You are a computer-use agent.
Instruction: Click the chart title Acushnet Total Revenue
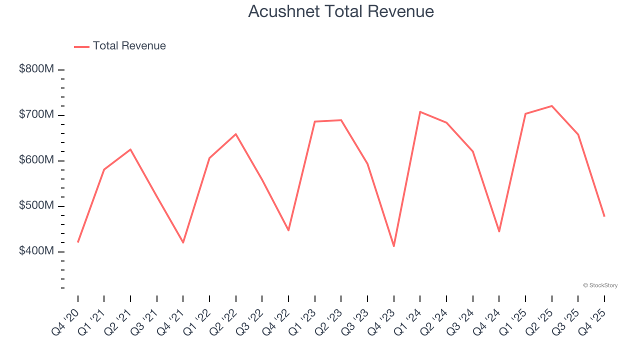pyautogui.click(x=341, y=11)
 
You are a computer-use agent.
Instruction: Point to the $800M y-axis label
pyautogui.click(x=36, y=69)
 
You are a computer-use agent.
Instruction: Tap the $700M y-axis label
pyautogui.click(x=36, y=114)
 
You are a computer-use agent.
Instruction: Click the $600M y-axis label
pyautogui.click(x=36, y=160)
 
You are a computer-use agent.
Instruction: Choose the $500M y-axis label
pyautogui.click(x=36, y=205)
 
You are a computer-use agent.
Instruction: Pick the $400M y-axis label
pyautogui.click(x=36, y=251)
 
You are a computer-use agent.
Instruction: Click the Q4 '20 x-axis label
pyautogui.click(x=66, y=322)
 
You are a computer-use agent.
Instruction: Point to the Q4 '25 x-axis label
pyautogui.click(x=592, y=322)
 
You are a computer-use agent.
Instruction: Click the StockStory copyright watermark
pyautogui.click(x=600, y=285)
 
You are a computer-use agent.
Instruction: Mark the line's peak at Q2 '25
pyautogui.click(x=551, y=106)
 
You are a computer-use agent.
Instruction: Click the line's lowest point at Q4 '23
pyautogui.click(x=394, y=246)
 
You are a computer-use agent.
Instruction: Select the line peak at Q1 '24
pyautogui.click(x=420, y=111)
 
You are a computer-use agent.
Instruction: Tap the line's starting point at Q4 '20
pyautogui.click(x=78, y=242)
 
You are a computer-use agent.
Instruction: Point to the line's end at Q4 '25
pyautogui.click(x=604, y=216)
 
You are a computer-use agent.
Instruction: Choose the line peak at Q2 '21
pyautogui.click(x=130, y=149)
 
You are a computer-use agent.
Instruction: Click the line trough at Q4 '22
pyautogui.click(x=288, y=230)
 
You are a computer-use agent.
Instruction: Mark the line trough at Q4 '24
pyautogui.click(x=499, y=231)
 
